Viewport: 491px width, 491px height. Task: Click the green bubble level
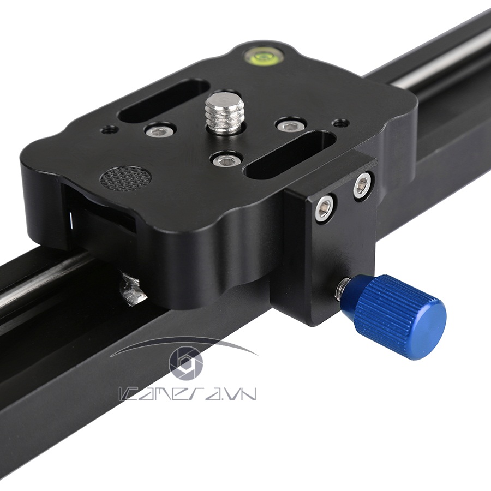point(260,55)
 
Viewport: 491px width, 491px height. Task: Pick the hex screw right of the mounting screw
point(289,125)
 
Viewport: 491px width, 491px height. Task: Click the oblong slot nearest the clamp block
point(289,155)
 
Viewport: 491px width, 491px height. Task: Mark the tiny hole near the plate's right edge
point(341,122)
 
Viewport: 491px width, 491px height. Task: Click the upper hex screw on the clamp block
point(362,185)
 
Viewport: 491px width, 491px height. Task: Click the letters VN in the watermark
point(242,394)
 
